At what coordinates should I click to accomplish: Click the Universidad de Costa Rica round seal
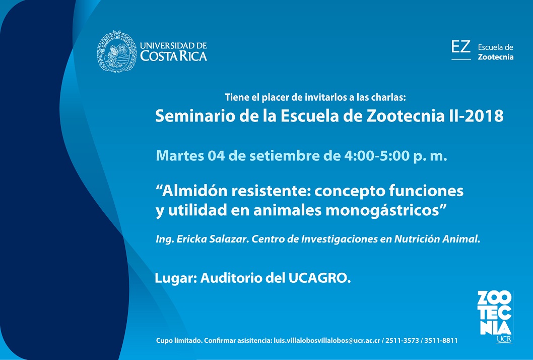click(x=116, y=51)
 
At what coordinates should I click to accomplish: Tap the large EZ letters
click(x=461, y=46)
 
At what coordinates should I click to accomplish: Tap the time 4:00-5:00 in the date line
click(x=377, y=155)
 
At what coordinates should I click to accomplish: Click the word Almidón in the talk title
click(x=192, y=191)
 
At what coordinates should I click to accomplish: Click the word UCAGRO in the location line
click(x=319, y=278)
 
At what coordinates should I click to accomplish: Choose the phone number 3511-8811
click(x=441, y=340)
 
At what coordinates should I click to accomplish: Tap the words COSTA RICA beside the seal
click(x=174, y=56)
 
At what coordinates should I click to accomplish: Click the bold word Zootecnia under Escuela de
click(x=496, y=57)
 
